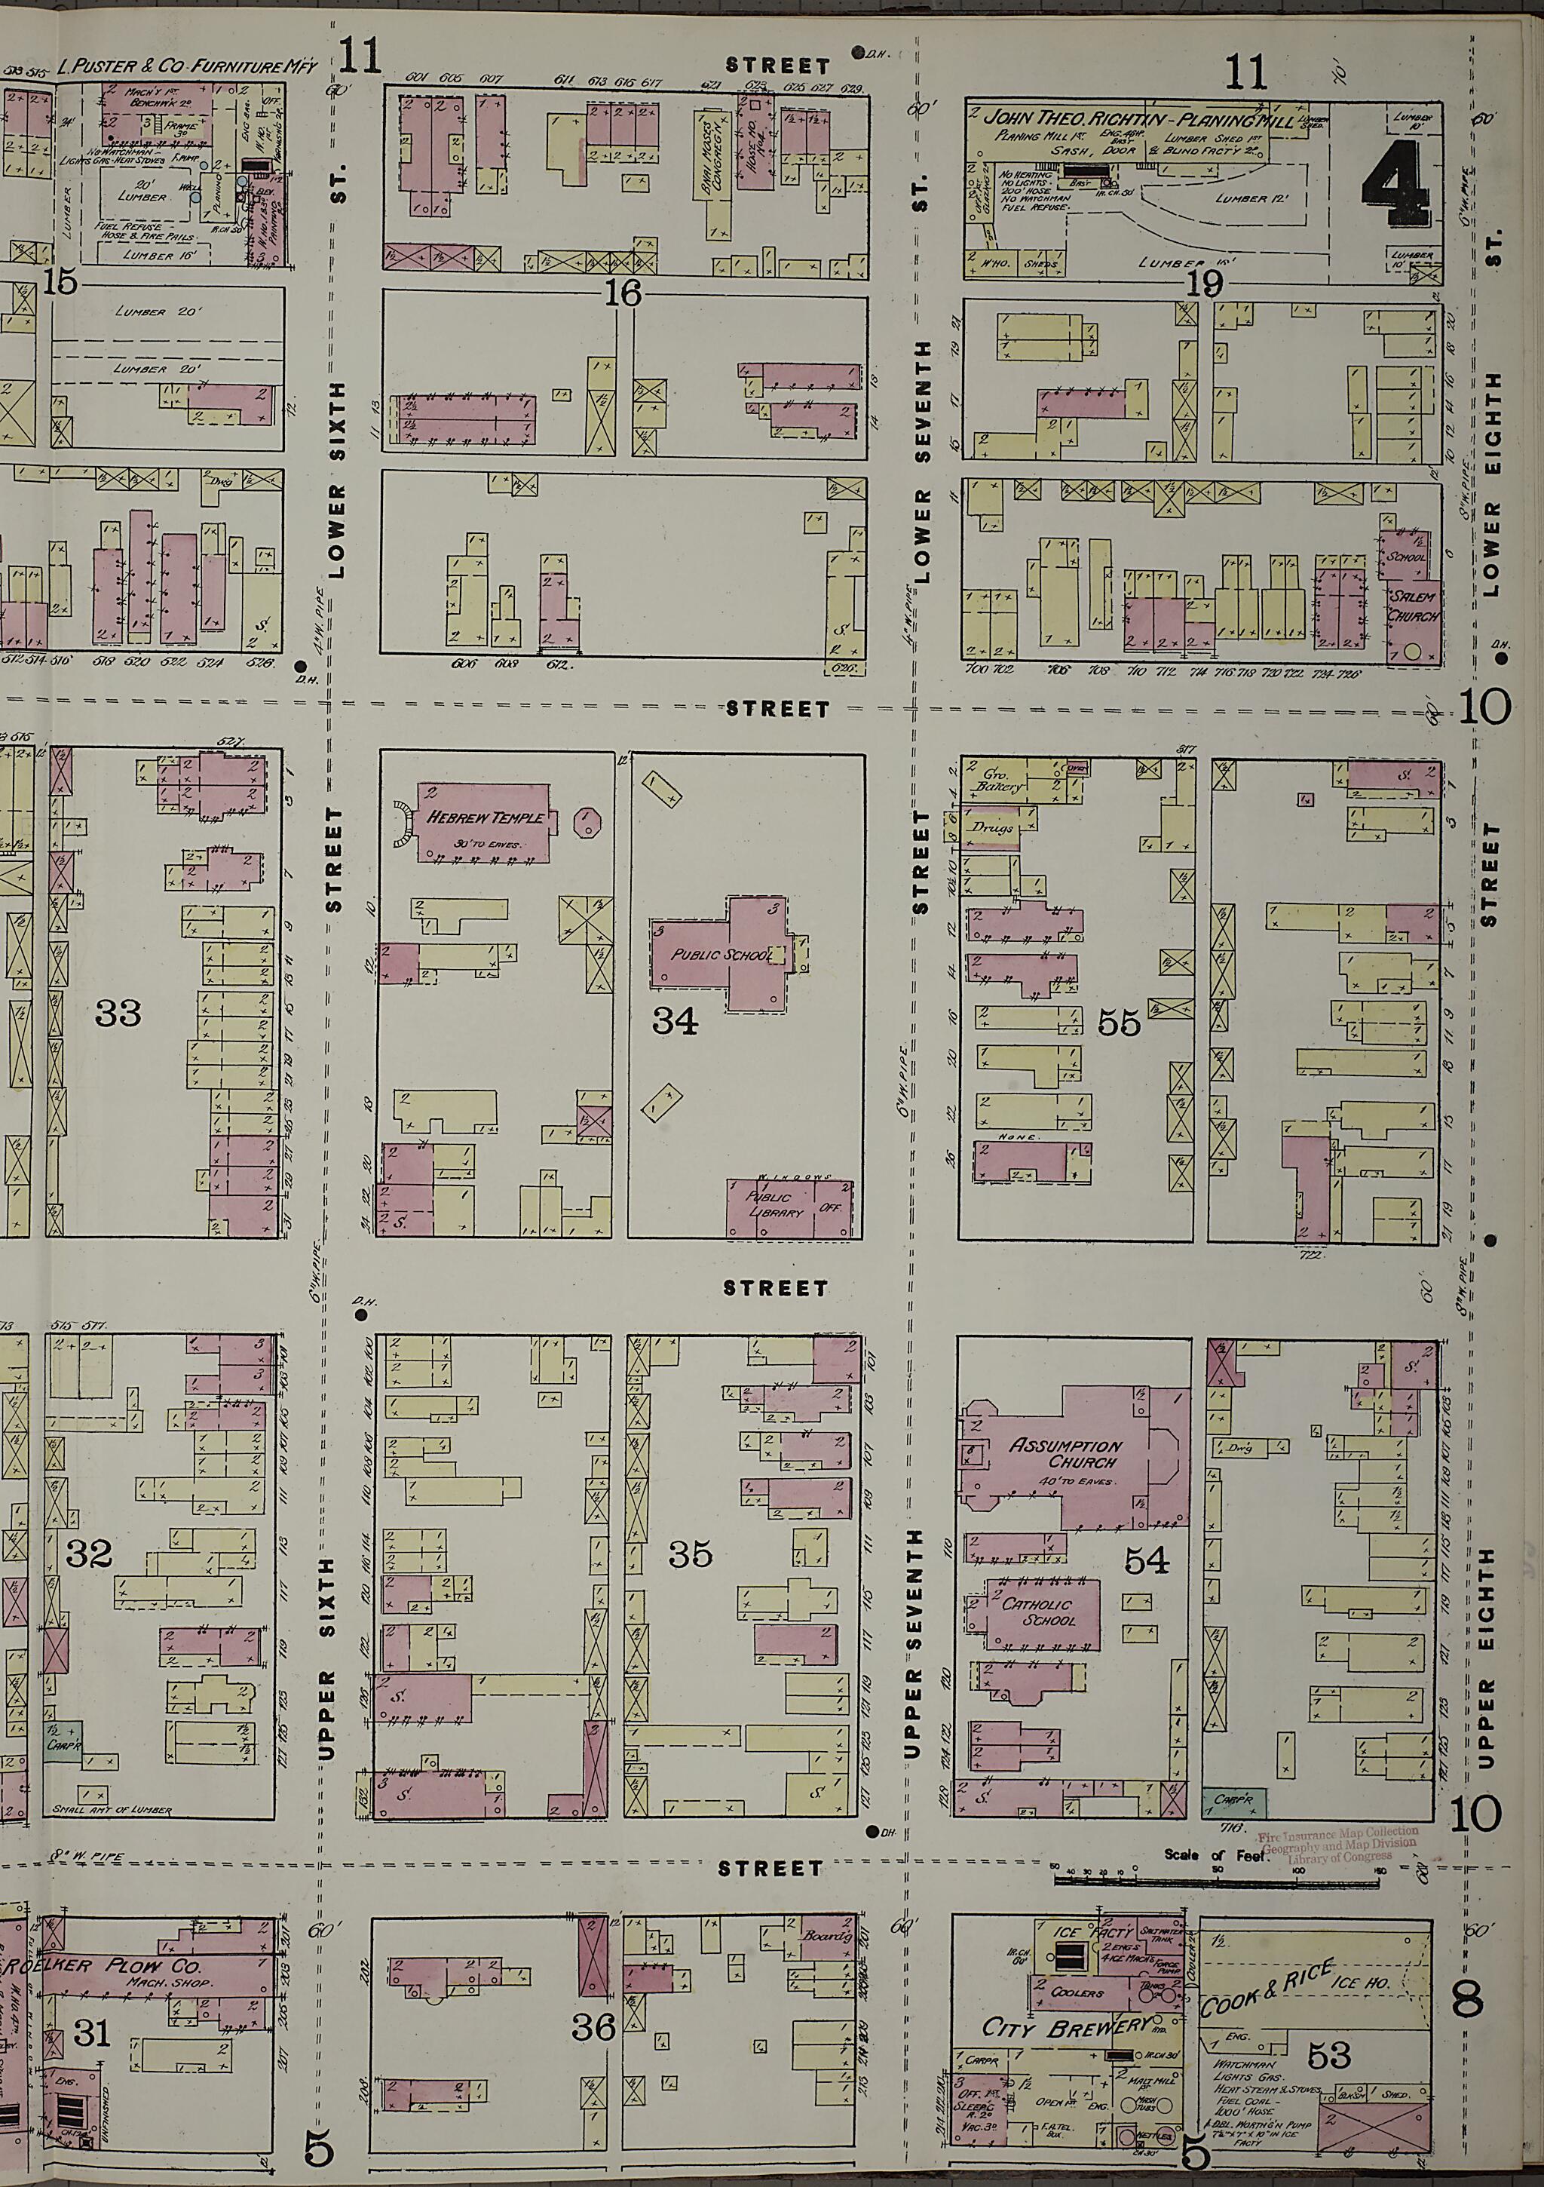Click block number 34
pyautogui.click(x=674, y=1021)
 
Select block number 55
pyautogui.click(x=1118, y=1022)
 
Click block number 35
pyautogui.click(x=690, y=1554)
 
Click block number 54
pyautogui.click(x=1146, y=1560)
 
